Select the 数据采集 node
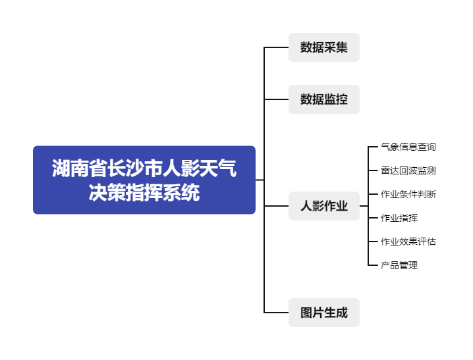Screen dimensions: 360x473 [323, 47]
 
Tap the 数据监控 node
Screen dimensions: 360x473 [323, 99]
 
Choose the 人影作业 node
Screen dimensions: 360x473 [323, 206]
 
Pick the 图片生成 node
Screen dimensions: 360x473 [323, 313]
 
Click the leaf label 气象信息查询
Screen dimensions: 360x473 [408, 147]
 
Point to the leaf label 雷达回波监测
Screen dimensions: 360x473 [408, 170]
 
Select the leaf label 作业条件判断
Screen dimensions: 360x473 [408, 194]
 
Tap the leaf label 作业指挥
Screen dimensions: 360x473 [399, 218]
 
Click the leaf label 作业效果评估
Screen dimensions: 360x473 [408, 242]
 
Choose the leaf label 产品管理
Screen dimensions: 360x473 [399, 265]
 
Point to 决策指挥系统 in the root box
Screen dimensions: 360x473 [144, 193]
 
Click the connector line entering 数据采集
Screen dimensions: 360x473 [276, 47]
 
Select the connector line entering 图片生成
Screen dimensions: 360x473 [276, 313]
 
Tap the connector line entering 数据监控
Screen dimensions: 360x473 [276, 99]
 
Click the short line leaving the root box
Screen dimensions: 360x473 [260, 180]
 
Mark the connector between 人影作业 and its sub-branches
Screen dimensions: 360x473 [364, 206]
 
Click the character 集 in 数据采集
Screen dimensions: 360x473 [341, 47]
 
